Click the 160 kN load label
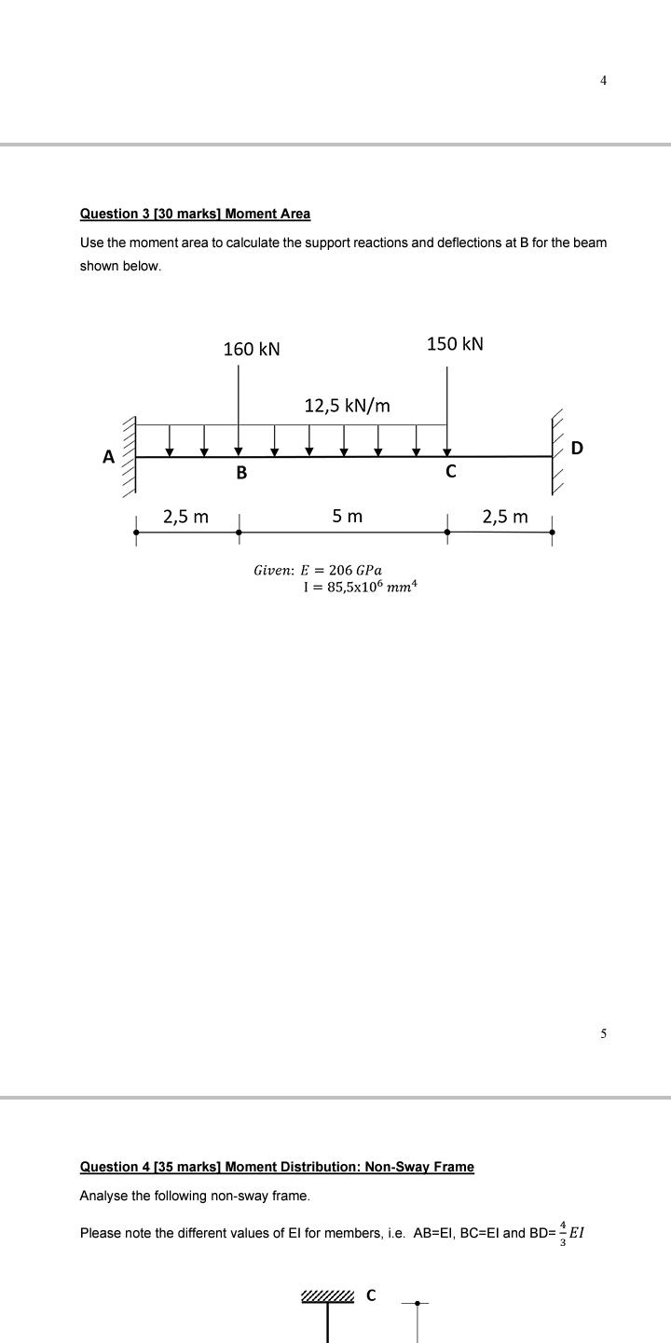(x=252, y=349)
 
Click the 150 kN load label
(x=455, y=344)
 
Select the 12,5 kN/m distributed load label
(x=347, y=406)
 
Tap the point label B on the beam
(x=241, y=473)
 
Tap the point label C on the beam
(x=451, y=472)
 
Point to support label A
(x=108, y=457)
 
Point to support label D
(x=576, y=448)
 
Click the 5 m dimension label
(x=348, y=516)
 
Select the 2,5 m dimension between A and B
(x=186, y=517)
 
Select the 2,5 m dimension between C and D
(x=505, y=517)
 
